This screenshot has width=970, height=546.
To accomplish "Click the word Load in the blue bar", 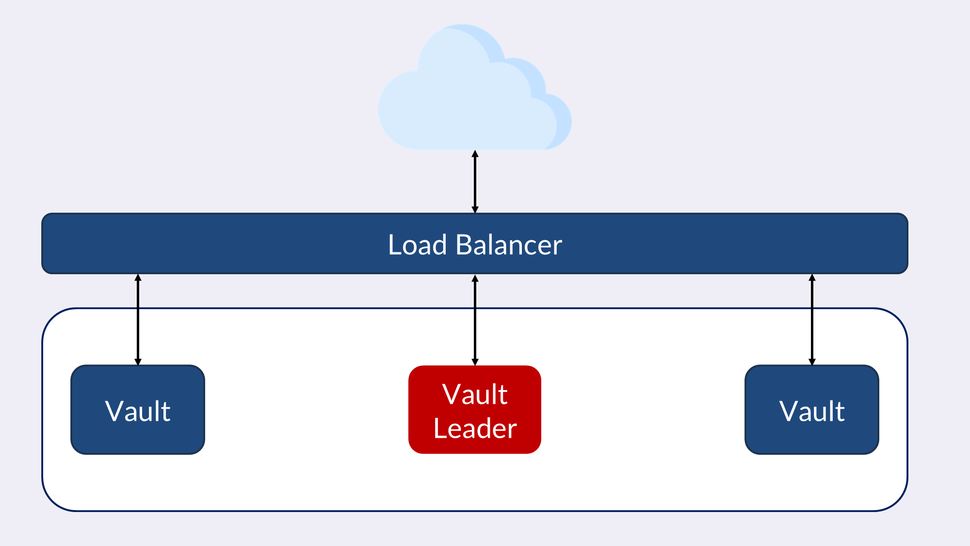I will (417, 245).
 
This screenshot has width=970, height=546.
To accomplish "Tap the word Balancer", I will (508, 245).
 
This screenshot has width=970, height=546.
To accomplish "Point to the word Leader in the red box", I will (475, 428).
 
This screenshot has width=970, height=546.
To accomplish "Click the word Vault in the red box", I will (475, 394).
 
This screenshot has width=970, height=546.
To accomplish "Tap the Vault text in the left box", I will (138, 411).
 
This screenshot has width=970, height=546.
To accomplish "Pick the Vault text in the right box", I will (812, 411).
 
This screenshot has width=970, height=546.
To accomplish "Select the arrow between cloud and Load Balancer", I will (475, 182).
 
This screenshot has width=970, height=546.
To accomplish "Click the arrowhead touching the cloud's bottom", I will (475, 154).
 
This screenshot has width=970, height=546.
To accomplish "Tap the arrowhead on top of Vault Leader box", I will (475, 362).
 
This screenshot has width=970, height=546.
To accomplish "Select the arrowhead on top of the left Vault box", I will (138, 362).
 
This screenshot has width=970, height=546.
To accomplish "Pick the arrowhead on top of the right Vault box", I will (812, 362).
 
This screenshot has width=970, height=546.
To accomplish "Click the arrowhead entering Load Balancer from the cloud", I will (475, 210).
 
